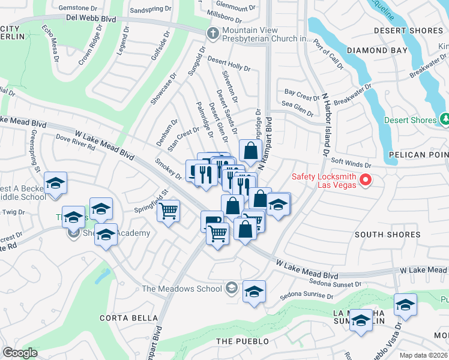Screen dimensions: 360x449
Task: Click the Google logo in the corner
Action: tap(20, 352)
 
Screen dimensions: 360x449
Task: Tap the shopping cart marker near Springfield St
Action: tap(169, 211)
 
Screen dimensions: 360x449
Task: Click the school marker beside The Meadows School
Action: tap(254, 292)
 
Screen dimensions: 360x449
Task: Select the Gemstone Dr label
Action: tap(77, 8)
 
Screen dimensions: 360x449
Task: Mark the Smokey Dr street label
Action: tap(168, 169)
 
